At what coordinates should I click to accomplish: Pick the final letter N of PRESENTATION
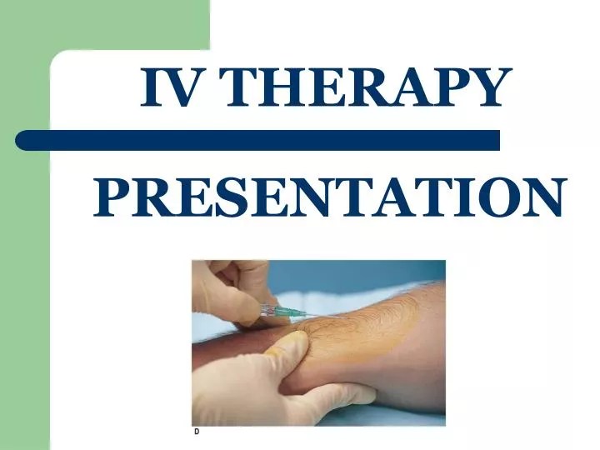(542, 197)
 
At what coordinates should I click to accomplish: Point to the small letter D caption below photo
(197, 432)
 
